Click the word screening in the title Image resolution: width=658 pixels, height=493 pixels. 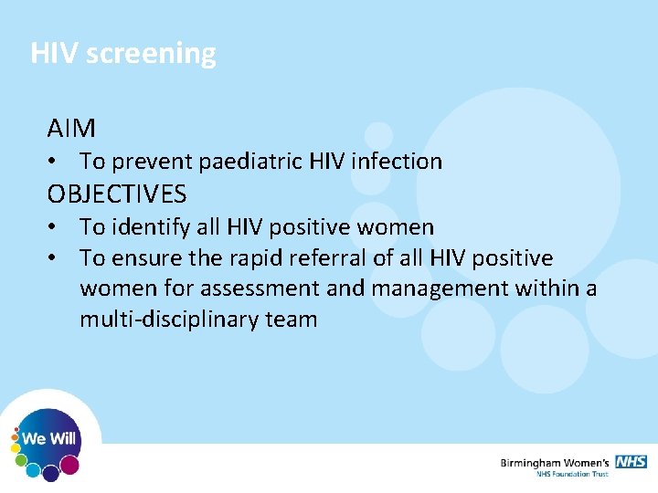tap(151, 54)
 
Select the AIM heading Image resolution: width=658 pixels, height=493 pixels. tap(71, 128)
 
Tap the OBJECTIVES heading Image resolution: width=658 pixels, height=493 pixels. tap(117, 194)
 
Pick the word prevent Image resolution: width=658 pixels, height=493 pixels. tap(150, 162)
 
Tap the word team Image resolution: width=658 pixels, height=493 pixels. tap(292, 320)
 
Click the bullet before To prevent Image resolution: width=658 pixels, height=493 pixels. tap(56, 162)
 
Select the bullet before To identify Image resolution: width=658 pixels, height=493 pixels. tap(56, 226)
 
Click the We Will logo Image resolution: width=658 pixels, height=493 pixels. tap(49, 440)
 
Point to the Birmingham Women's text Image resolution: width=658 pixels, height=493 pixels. tap(555, 463)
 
